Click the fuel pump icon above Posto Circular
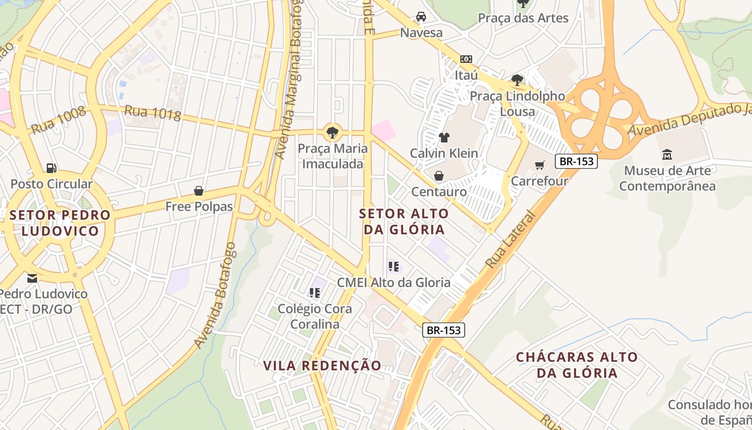51,168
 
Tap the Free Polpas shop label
199,206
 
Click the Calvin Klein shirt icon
444,138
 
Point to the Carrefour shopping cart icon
540,165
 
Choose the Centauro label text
439,191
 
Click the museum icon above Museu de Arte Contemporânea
667,155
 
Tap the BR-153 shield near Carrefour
576,161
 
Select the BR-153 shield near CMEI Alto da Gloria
444,330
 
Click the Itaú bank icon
466,59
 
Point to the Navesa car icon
421,17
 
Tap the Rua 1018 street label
153,113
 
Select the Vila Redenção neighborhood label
322,365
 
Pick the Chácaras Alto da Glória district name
576,365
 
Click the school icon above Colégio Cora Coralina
315,293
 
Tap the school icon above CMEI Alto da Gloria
394,266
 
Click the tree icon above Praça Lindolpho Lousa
517,81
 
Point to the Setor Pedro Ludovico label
60,223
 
